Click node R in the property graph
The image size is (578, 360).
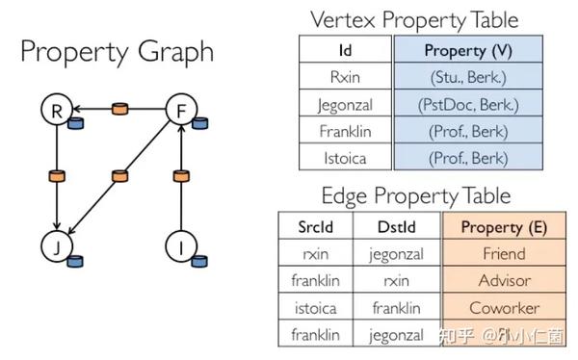click(57, 111)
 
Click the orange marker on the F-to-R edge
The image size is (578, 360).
click(118, 109)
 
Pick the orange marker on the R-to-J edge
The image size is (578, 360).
click(57, 176)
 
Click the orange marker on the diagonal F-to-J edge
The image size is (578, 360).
click(119, 176)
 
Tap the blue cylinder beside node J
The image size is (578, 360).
click(75, 262)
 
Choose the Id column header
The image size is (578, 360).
click(345, 48)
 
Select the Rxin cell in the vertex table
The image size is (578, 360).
click(345, 75)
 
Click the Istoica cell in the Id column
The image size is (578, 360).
click(345, 156)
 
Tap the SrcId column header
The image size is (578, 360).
click(318, 227)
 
